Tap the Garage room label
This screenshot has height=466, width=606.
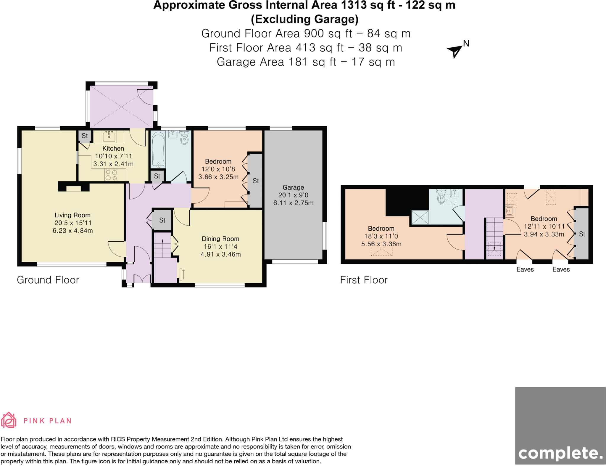(293, 187)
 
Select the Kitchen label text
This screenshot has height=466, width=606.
(113, 148)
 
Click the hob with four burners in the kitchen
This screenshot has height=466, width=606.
(112, 175)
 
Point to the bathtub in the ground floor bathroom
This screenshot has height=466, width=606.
(158, 150)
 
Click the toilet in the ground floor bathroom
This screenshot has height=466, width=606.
(184, 138)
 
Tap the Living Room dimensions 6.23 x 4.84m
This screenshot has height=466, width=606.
(72, 231)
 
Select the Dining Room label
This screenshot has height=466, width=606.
(220, 239)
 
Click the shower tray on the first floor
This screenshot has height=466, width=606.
(420, 218)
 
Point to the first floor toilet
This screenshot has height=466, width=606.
(441, 197)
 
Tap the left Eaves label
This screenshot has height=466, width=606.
(525, 269)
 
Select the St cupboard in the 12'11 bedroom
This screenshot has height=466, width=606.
(582, 234)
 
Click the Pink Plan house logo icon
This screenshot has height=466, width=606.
(9, 420)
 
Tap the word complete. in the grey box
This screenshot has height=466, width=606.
(560, 453)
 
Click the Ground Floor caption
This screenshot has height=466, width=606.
(48, 280)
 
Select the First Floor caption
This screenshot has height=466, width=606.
(364, 280)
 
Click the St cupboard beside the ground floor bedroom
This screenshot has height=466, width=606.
(256, 181)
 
